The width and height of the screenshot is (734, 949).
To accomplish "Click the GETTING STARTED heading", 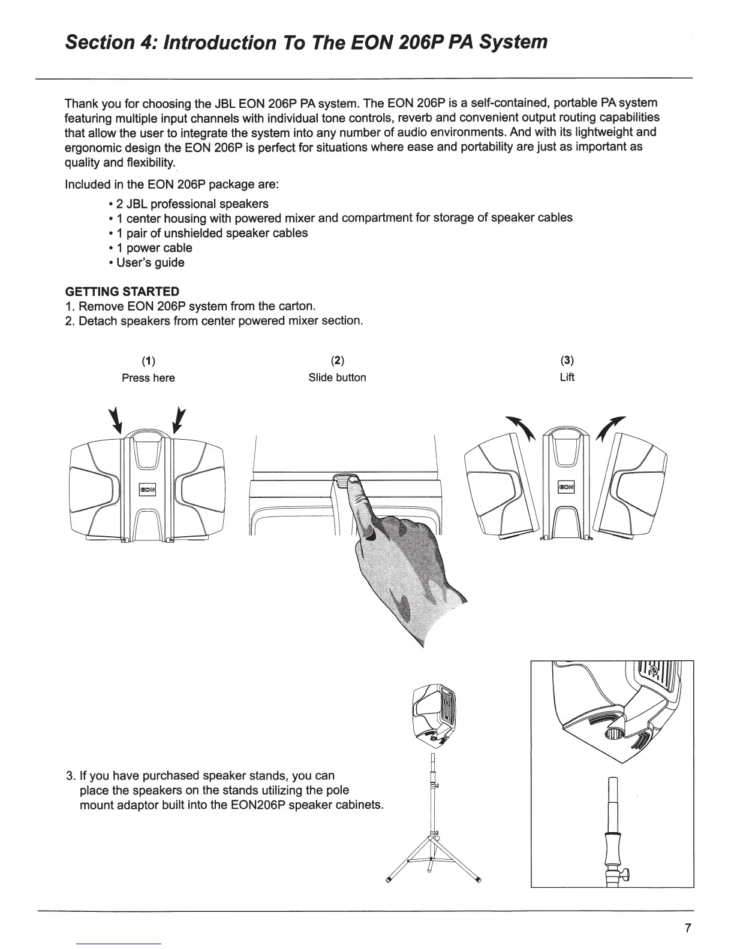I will (x=122, y=292).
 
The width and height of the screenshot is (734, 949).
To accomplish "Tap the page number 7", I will (x=688, y=929).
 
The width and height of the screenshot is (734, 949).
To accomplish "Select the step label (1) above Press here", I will (x=148, y=361).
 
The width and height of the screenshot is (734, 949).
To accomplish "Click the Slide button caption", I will (x=337, y=377).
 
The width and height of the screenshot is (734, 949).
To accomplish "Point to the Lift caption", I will (x=567, y=377).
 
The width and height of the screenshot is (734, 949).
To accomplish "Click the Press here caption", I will (x=148, y=377).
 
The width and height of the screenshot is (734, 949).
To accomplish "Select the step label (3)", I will (x=567, y=361).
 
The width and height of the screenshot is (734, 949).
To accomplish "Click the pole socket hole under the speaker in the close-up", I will (x=615, y=733).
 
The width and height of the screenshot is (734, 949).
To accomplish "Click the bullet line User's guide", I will (x=150, y=262).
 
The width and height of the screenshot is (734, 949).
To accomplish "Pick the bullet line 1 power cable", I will (x=154, y=248).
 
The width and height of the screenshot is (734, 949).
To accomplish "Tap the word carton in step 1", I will (x=296, y=306).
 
